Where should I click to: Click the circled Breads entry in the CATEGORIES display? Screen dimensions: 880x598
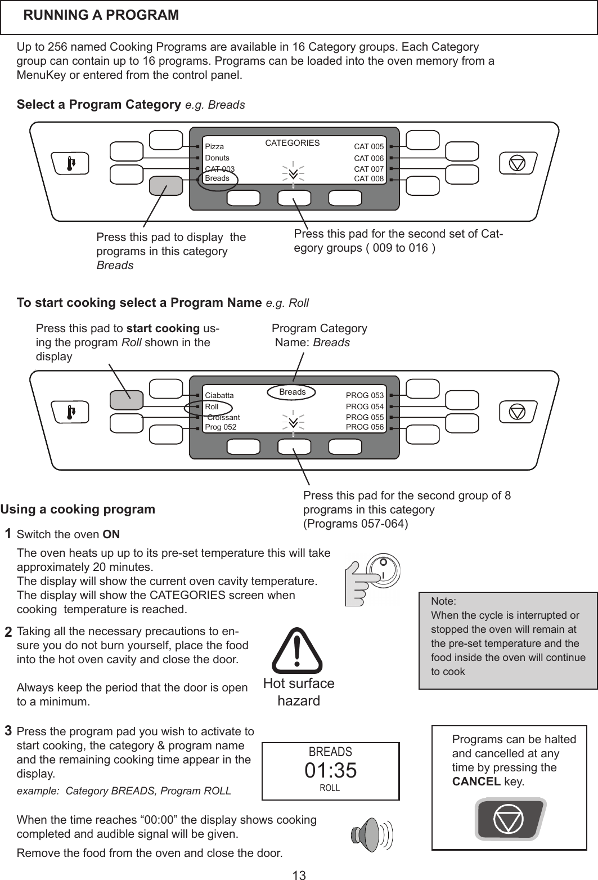218,178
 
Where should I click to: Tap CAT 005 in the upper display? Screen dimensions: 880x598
368,147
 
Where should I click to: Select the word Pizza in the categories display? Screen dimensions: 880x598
214,147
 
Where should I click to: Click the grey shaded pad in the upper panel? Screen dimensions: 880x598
166,186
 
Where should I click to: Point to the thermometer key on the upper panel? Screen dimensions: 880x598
69,163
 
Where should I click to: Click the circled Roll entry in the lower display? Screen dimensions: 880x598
212,407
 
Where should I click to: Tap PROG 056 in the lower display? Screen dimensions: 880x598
365,427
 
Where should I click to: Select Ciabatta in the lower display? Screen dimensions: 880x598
219,396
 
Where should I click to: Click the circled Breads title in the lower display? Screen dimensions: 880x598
293,392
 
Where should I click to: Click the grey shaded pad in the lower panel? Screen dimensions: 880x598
127,399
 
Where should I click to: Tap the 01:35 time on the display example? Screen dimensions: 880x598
331,771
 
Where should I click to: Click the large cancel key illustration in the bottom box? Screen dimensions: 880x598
509,820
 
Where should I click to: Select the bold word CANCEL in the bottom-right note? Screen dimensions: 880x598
476,782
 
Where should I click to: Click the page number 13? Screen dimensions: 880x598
299,875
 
